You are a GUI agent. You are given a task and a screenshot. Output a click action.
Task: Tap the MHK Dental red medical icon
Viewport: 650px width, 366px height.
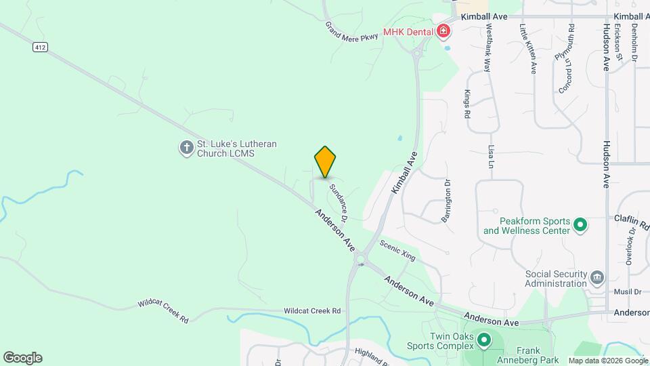click(443, 31)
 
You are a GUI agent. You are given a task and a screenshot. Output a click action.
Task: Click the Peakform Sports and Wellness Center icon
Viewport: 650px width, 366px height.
click(580, 225)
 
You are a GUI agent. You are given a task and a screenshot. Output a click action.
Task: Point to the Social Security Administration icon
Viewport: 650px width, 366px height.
click(597, 277)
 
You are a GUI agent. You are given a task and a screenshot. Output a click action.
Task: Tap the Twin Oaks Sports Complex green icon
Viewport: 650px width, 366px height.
click(483, 340)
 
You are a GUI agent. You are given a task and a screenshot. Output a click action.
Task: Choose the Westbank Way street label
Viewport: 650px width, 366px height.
click(487, 49)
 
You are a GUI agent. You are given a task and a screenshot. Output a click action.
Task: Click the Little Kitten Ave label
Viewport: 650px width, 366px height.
click(527, 49)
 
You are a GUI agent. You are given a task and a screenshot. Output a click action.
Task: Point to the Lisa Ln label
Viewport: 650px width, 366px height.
click(491, 156)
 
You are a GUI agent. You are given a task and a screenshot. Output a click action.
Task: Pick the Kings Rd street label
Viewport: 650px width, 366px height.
click(467, 104)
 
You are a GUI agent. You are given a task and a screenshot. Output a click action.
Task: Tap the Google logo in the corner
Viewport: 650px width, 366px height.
click(22, 358)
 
